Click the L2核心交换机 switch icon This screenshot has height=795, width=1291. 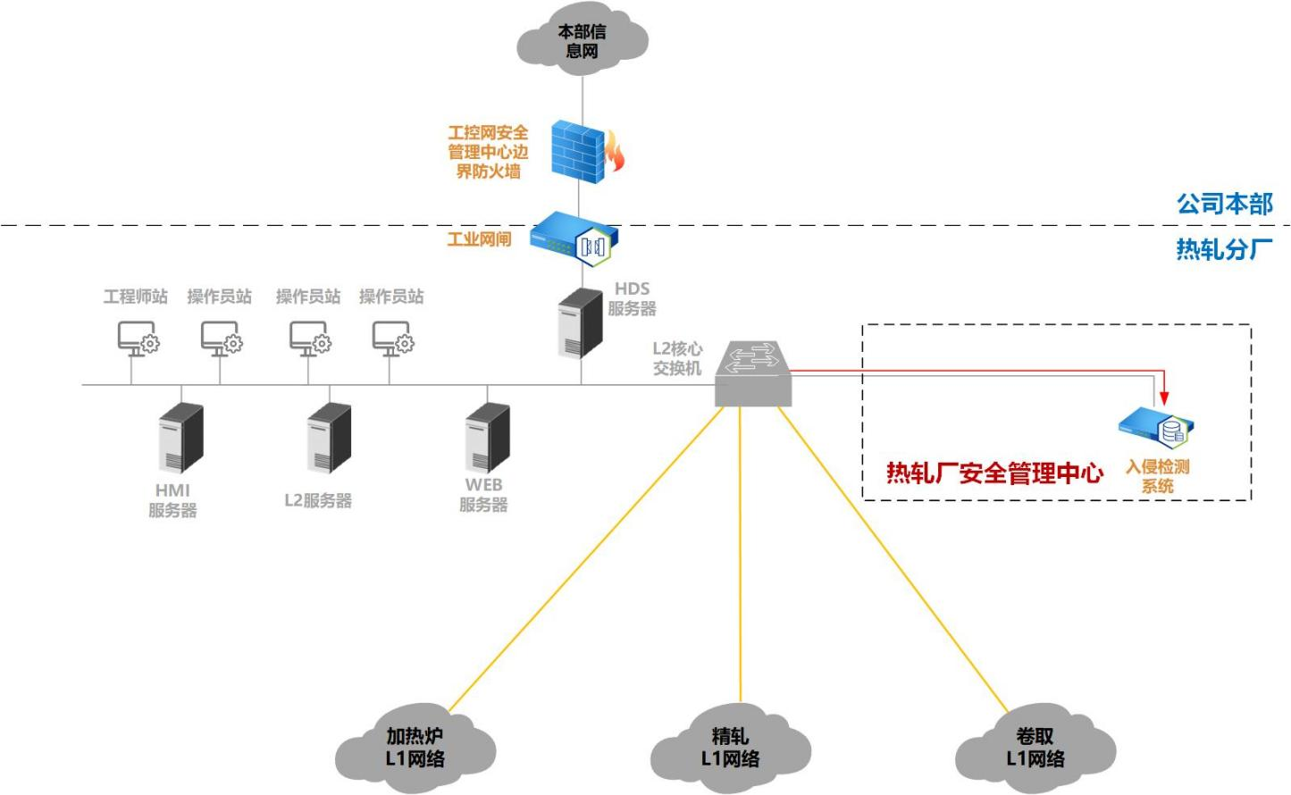tap(753, 374)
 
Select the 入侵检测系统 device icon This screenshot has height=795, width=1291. tap(1158, 429)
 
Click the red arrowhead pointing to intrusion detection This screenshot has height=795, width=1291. tap(1163, 397)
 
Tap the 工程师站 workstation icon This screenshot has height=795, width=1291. tap(138, 339)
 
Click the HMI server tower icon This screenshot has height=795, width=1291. tap(181, 438)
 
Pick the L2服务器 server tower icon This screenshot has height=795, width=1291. tap(329, 438)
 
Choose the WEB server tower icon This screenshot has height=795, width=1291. tap(488, 438)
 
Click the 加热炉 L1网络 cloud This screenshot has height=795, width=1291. tap(415, 749)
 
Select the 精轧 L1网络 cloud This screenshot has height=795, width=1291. tap(730, 749)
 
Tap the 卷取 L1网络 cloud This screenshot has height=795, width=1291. tap(1035, 749)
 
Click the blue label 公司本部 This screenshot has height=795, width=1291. tap(1224, 204)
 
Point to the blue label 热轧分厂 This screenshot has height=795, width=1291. tap(1224, 248)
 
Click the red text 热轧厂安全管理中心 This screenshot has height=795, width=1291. tap(994, 473)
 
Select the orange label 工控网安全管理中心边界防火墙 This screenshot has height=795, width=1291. tap(488, 152)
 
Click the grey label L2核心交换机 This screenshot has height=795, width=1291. tap(677, 358)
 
